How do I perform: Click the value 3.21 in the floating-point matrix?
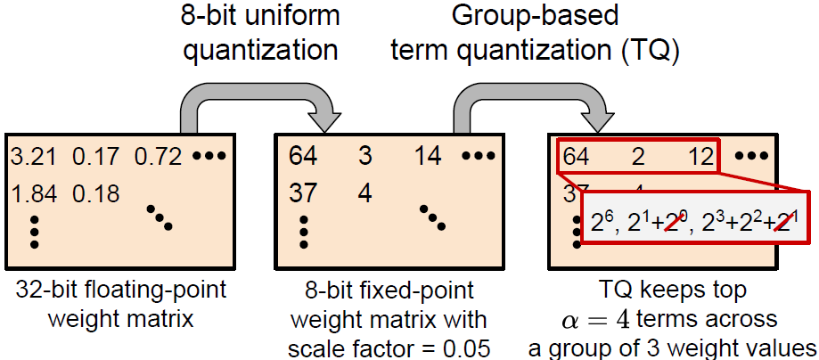33,158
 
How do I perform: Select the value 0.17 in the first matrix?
95,158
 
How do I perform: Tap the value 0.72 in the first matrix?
159,158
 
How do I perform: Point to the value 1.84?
33,192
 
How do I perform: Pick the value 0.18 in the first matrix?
96,192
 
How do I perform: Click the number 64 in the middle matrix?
303,158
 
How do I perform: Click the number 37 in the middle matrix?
303,192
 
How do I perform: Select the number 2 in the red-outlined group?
639,158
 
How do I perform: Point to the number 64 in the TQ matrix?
576,158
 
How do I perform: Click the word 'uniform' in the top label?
287,15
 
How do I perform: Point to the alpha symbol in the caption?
568,319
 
